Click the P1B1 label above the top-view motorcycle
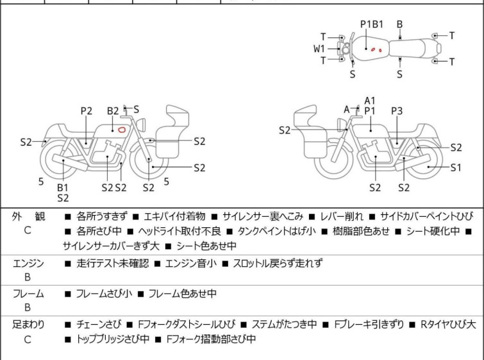tap(371, 24)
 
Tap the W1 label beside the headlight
tap(319, 48)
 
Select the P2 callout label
tap(87, 111)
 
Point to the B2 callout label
tap(113, 111)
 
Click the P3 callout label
tap(397, 111)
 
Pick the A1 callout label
tap(369, 100)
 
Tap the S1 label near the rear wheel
tap(455, 168)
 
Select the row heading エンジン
tap(28, 263)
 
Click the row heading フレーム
tap(28, 294)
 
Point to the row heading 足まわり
tap(28, 325)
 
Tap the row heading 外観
tap(28, 216)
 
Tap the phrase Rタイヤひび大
tap(448, 325)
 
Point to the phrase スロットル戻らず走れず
tap(277, 263)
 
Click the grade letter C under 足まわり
tap(28, 339)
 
